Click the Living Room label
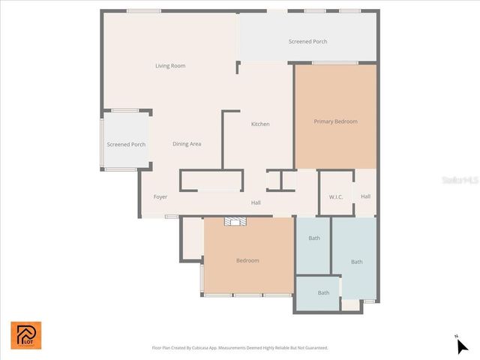click(x=170, y=66)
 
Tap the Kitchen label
click(x=260, y=124)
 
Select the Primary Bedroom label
click(x=335, y=121)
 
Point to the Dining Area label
click(x=187, y=144)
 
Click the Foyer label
click(x=160, y=197)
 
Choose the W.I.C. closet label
click(x=336, y=197)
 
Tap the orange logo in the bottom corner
click(x=26, y=335)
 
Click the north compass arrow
click(x=462, y=345)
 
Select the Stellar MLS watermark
click(x=460, y=180)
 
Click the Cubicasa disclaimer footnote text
click(x=240, y=348)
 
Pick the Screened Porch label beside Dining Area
click(x=126, y=145)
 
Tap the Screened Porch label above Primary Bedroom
click(x=307, y=41)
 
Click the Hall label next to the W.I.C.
click(x=365, y=196)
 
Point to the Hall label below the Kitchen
click(x=256, y=202)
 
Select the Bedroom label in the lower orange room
click(x=247, y=260)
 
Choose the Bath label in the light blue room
click(x=357, y=262)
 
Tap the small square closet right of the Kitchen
click(x=274, y=181)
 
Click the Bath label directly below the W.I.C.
click(x=314, y=238)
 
